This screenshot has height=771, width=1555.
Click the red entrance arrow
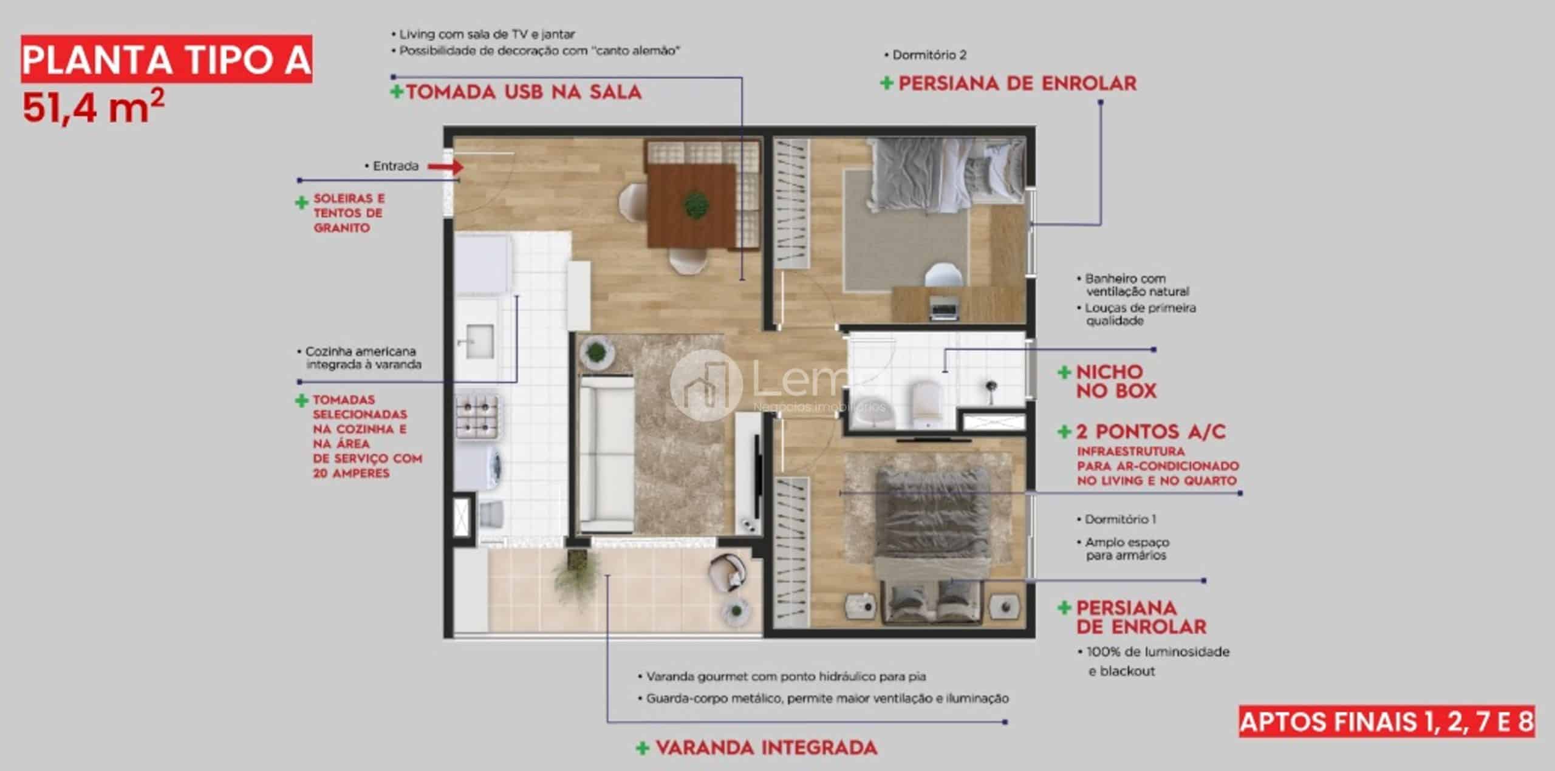445,166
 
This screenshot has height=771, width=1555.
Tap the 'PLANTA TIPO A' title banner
166,59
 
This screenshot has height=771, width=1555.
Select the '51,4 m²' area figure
94,107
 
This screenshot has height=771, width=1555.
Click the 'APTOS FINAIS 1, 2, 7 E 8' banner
1387,722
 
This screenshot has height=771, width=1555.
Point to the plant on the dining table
696,205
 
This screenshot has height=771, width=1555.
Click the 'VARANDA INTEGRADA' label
767,747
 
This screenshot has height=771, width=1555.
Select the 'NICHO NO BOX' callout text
1116,381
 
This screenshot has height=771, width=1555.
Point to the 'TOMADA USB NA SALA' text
524,92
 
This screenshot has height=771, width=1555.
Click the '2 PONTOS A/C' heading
1150,432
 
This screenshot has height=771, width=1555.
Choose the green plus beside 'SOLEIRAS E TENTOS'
301,203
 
